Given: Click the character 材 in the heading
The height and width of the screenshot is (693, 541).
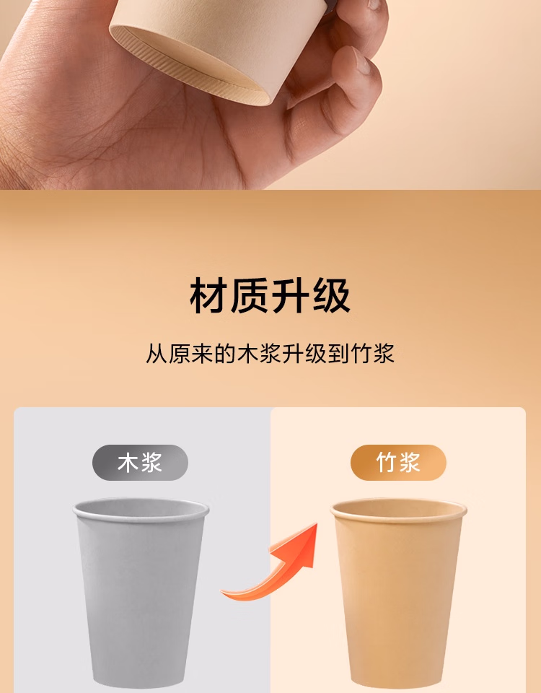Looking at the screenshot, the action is [208, 296].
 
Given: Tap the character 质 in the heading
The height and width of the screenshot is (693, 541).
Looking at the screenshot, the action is [250, 296].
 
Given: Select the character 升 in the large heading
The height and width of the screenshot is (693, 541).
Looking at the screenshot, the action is [290, 296].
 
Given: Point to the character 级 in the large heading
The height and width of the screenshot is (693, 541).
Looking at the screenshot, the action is [331, 296].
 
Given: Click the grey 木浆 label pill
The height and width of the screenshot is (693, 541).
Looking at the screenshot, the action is [140, 462].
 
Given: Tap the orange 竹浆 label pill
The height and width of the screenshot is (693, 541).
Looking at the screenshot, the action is [398, 462].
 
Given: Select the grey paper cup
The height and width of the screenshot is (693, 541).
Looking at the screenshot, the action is [141, 592].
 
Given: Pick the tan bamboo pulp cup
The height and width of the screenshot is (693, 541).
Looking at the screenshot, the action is [398, 592].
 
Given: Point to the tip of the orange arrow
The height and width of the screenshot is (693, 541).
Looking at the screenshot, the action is [317, 524].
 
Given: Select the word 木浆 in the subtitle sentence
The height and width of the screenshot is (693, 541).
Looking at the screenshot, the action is [259, 354].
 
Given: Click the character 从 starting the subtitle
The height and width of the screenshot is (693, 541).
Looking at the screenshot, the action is [157, 354].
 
